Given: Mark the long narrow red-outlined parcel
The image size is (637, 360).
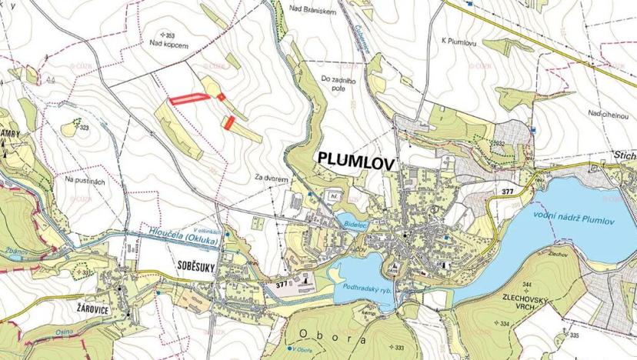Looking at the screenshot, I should [188, 98].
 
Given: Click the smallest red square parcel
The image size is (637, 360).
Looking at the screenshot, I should [222, 96].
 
